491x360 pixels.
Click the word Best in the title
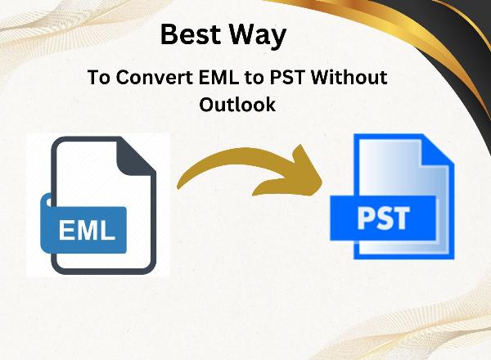[x=190, y=34]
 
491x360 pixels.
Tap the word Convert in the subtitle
[x=155, y=78]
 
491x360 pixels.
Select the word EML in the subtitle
[x=218, y=78]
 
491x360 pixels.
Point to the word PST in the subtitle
[x=287, y=78]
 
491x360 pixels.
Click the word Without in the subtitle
[x=349, y=77]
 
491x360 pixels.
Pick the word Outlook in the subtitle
[x=237, y=104]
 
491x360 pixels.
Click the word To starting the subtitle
[x=99, y=78]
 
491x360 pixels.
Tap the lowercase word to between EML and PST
[x=254, y=79]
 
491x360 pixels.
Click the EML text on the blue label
[x=87, y=230]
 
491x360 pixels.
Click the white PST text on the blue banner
[x=383, y=218]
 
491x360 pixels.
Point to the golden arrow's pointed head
[x=322, y=182]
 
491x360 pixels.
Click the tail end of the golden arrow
[x=178, y=187]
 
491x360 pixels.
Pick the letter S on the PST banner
[x=384, y=218]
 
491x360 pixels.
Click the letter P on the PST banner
[x=366, y=218]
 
